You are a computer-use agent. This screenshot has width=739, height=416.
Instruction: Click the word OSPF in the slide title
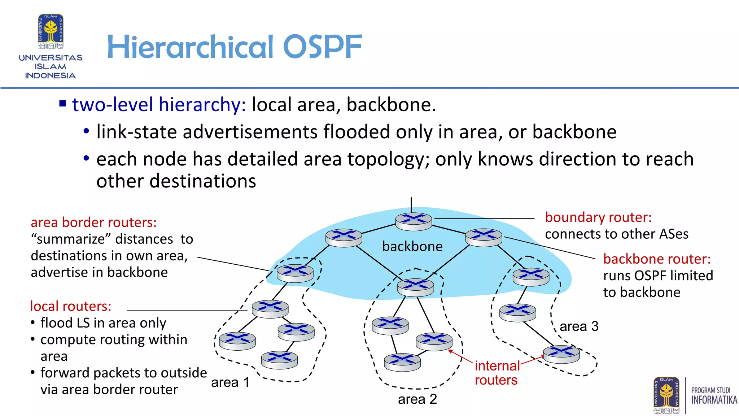[x=322, y=47]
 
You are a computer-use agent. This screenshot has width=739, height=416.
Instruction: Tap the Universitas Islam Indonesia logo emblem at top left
[x=51, y=31]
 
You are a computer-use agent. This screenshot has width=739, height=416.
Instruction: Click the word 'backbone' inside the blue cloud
[x=412, y=247]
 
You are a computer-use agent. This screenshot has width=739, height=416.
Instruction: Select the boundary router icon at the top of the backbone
[x=414, y=221]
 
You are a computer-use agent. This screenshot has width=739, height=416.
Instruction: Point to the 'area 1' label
[x=230, y=382]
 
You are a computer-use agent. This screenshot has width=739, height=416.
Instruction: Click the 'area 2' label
[x=417, y=399]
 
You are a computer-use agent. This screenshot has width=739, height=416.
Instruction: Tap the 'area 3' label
[x=579, y=326]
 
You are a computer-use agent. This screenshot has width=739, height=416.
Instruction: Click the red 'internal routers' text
[x=497, y=373]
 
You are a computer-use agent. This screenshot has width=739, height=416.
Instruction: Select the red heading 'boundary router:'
[x=598, y=217]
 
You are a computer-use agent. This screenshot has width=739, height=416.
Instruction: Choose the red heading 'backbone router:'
[x=657, y=259]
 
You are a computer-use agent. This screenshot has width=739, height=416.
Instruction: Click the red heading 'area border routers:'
[x=93, y=222]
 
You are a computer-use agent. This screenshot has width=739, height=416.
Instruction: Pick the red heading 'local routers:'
[x=71, y=306]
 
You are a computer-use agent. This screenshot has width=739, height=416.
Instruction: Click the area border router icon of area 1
[x=295, y=273]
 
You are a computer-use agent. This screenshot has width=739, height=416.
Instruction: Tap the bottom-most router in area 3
[x=561, y=354]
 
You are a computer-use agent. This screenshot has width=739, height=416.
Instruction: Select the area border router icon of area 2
[x=415, y=287]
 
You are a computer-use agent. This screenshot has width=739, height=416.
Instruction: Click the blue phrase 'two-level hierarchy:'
[x=159, y=105]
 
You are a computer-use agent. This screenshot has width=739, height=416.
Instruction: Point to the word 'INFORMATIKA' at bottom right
[x=714, y=400]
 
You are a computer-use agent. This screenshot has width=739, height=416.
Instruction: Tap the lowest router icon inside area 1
[x=279, y=360]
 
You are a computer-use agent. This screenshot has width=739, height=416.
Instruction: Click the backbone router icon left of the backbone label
[x=344, y=238]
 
